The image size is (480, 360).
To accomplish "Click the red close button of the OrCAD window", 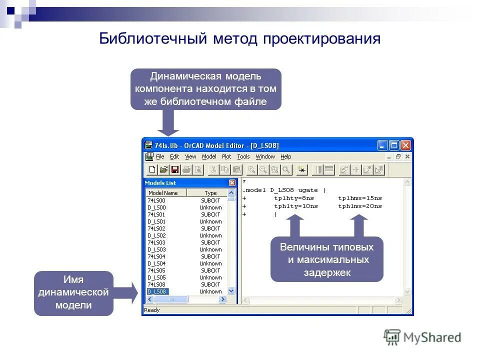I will point(405,145).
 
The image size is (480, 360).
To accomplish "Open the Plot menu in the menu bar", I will point(226,157).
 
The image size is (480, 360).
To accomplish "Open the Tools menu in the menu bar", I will point(243,157).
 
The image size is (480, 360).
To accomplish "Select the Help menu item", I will point(285,157).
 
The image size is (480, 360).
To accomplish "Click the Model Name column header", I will point(163,193).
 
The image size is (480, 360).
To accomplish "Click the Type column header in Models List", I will point(210,193).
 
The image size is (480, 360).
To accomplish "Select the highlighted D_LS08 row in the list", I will point(158,291).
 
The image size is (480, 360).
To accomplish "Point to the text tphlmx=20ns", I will point(359,206).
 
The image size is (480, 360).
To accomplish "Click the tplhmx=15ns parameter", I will point(359,198).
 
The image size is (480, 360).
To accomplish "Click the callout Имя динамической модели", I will point(73,292).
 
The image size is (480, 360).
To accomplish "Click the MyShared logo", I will point(422,337).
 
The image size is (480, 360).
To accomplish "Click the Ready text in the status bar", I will point(152,310).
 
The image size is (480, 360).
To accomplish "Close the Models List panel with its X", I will point(232,183).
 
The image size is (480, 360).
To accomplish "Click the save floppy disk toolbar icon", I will point(175,170).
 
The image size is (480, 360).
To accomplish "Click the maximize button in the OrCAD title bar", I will point(394,145).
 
